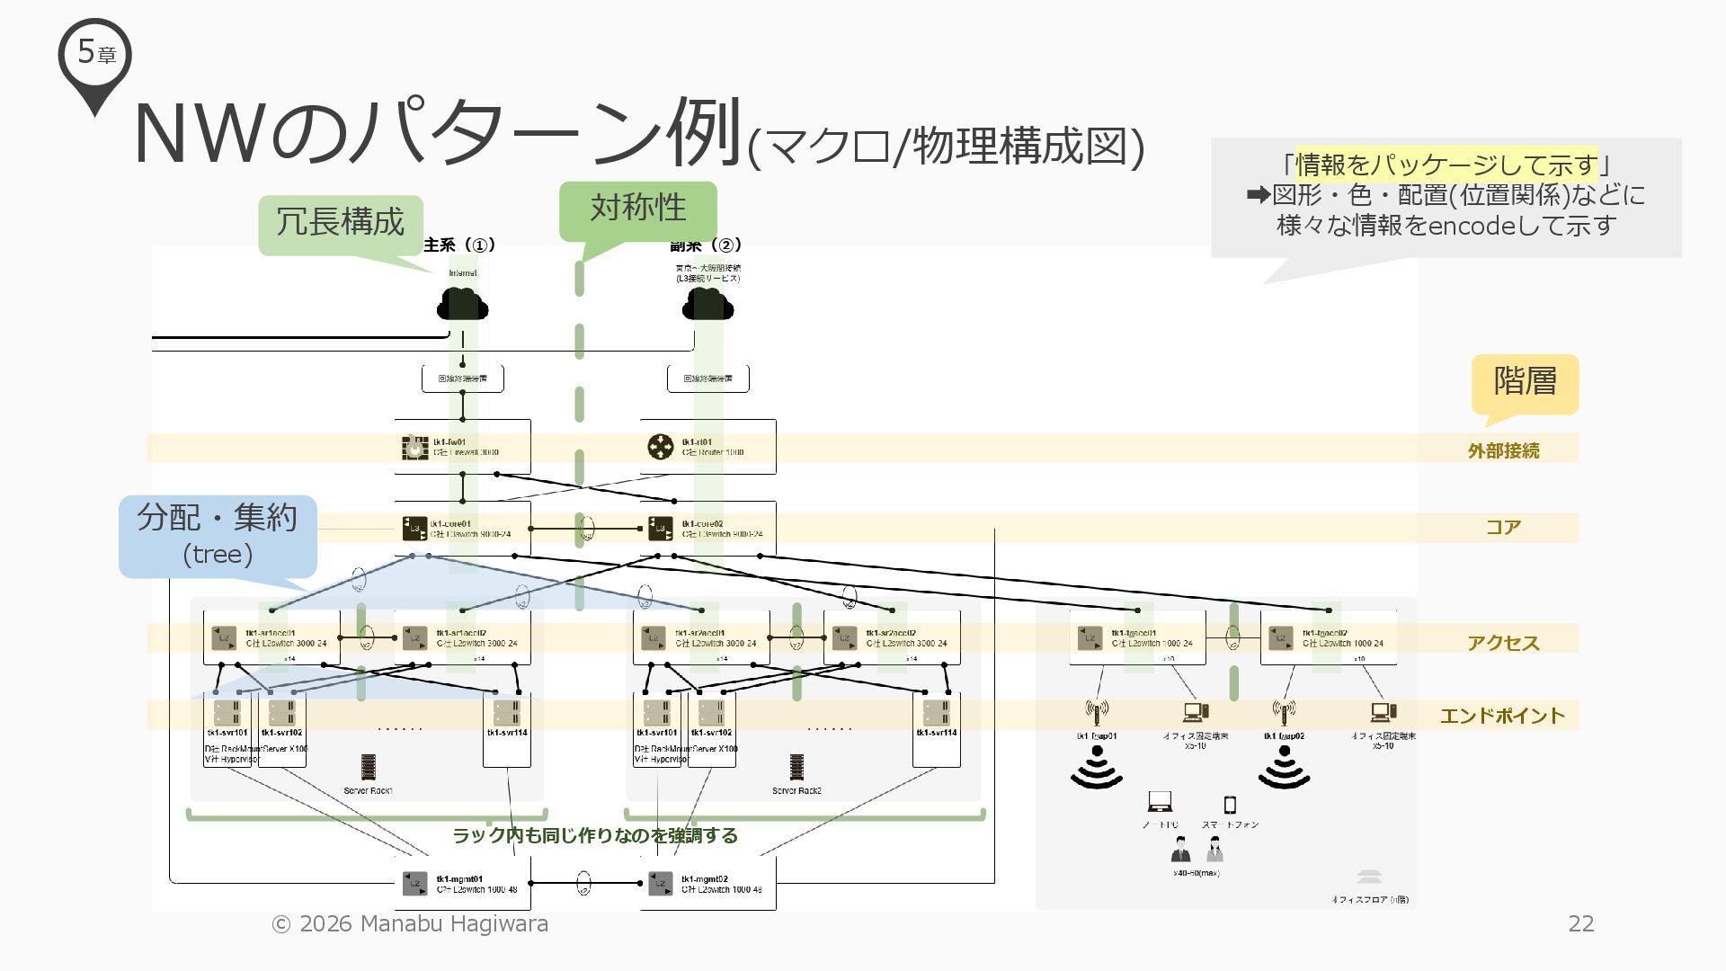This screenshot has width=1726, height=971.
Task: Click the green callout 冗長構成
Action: pyautogui.click(x=340, y=223)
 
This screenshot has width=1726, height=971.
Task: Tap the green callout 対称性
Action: pyautogui.click(x=637, y=209)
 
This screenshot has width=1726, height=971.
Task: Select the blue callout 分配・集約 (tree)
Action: pyautogui.click(x=218, y=534)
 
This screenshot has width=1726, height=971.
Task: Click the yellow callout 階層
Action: pyautogui.click(x=1525, y=381)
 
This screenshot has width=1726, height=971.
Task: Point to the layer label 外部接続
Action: pyautogui.click(x=1503, y=450)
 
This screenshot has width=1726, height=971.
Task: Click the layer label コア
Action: pyautogui.click(x=1503, y=527)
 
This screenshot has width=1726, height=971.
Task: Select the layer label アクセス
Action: pyautogui.click(x=1503, y=642)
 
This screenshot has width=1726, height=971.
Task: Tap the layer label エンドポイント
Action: pyautogui.click(x=1502, y=716)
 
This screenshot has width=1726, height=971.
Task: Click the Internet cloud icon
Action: pyautogui.click(x=462, y=304)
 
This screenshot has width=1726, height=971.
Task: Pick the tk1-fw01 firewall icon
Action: pyautogui.click(x=414, y=447)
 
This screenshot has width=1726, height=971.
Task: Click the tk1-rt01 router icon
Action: pyautogui.click(x=661, y=447)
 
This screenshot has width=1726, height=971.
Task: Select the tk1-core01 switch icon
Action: pyautogui.click(x=414, y=528)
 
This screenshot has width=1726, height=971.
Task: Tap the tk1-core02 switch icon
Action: pyautogui.click(x=661, y=528)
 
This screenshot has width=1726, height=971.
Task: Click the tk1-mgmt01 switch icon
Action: pyautogui.click(x=415, y=883)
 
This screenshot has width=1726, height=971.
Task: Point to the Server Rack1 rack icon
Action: pyautogui.click(x=369, y=767)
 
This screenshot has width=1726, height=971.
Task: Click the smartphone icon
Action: pyautogui.click(x=1230, y=805)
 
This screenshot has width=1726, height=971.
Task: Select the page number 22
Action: pyautogui.click(x=1581, y=923)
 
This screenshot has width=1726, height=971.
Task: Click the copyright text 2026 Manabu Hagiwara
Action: pyautogui.click(x=411, y=923)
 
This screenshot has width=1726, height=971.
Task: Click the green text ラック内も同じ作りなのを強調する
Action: pyautogui.click(x=595, y=835)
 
